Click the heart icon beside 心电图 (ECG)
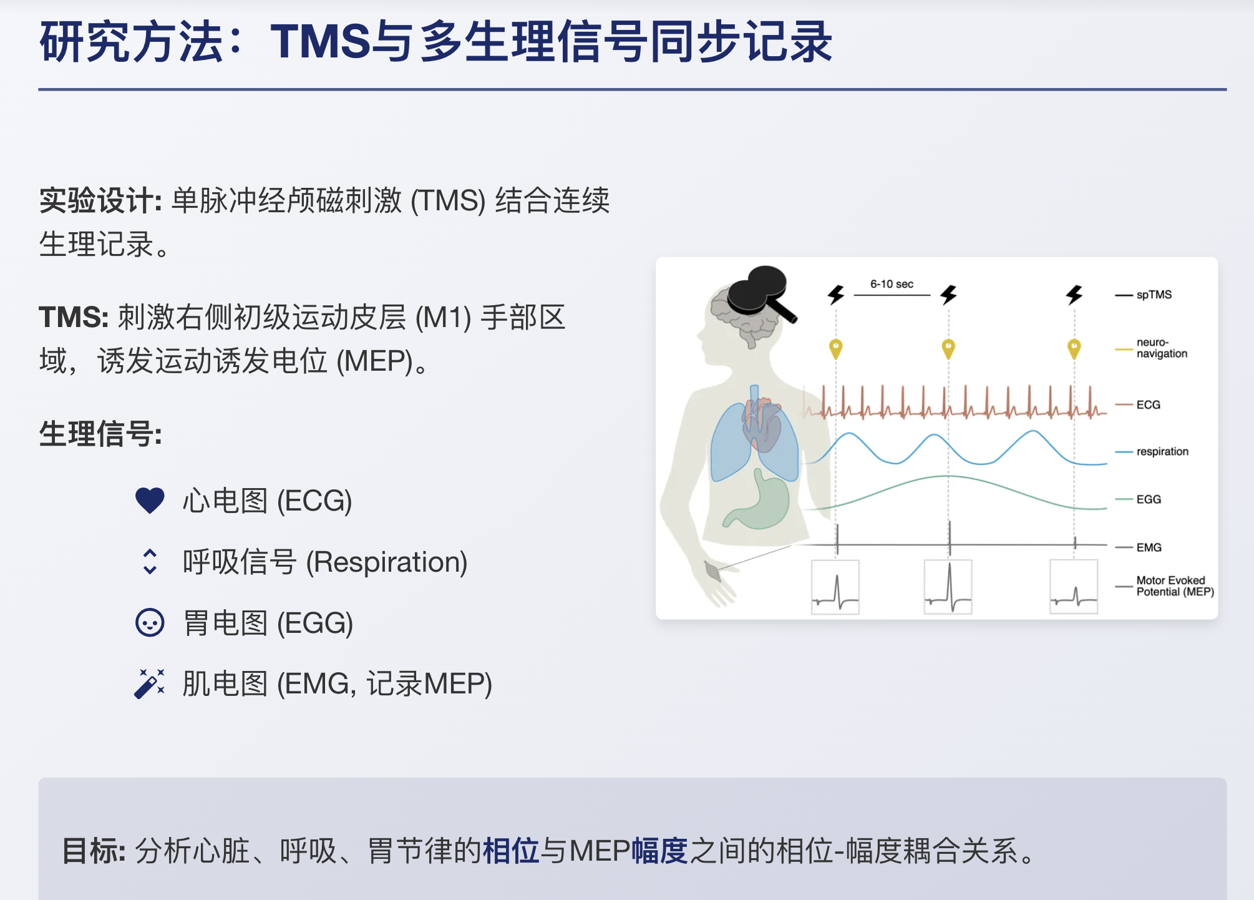(x=150, y=501)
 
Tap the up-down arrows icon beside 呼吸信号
(x=150, y=562)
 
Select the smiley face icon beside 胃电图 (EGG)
(x=150, y=622)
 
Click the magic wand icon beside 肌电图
(x=150, y=683)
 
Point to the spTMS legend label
(x=1154, y=295)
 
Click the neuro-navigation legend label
(x=1162, y=348)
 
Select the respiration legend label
(x=1162, y=451)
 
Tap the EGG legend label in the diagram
(x=1149, y=499)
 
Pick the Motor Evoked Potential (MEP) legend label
(x=1175, y=586)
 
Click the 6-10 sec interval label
(x=892, y=284)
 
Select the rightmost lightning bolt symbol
(x=1074, y=295)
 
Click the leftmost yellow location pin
(x=836, y=348)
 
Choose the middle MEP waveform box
(x=948, y=587)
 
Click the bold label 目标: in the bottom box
(x=94, y=851)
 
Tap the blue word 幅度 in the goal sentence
(x=660, y=851)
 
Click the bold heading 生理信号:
(x=100, y=434)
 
